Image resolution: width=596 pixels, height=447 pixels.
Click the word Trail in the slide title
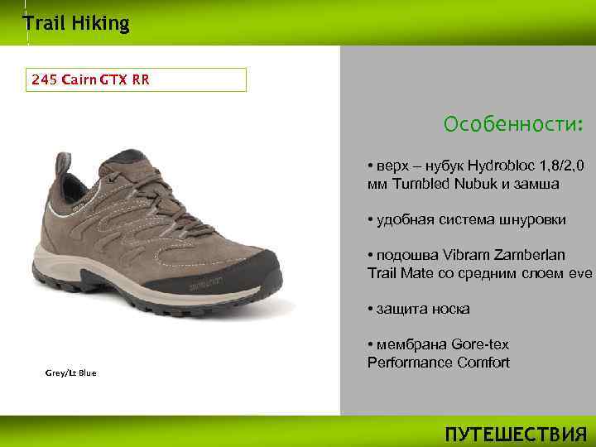pos(41,23)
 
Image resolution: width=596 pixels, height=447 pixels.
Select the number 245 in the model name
pos(42,79)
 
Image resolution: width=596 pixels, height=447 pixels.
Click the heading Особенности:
pos(513,125)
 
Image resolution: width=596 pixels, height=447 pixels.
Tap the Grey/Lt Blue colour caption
pos(70,372)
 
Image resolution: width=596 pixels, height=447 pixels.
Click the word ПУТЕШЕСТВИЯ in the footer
pos(515,434)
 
